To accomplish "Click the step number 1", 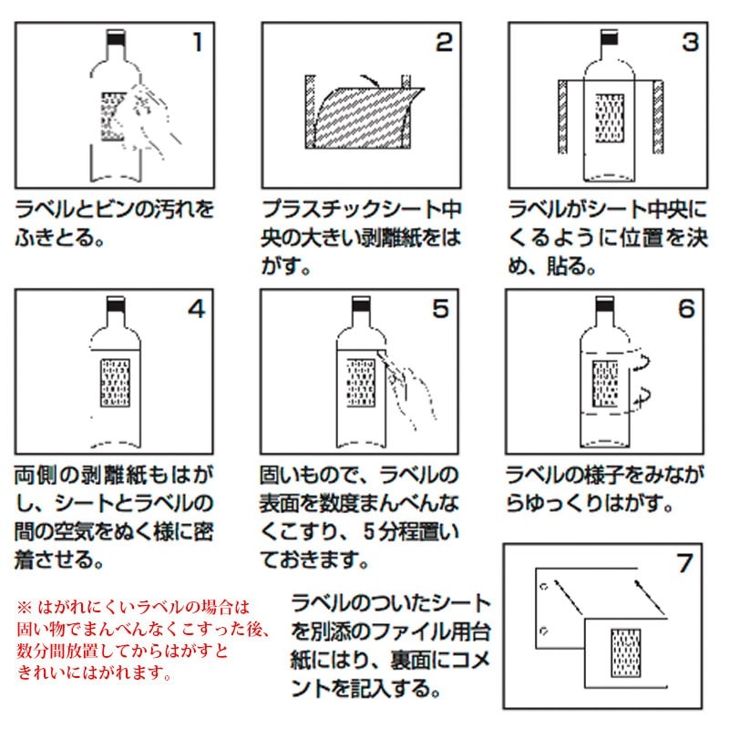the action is pos(198,42).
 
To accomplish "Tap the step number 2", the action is pos(444,42).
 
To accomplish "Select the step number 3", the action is pos(691,42).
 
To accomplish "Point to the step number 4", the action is pos(197,309).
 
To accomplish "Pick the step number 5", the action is pos(441,309).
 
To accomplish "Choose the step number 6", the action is pos(687,309).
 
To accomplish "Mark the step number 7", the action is pos(685,563).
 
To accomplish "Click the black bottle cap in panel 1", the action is pos(116,38).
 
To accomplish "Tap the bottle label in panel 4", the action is pos(116,382).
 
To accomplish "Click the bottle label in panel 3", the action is pos(610,118).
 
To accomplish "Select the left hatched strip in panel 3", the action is pos(562,117).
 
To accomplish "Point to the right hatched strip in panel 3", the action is pos(658,117).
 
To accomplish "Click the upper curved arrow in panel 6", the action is pos(643,362).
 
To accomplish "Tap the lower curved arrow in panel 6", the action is pos(643,396).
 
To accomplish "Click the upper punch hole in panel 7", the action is pos(544,586).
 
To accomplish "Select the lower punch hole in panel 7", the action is pos(543,631).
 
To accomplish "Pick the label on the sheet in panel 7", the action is pos(626,652).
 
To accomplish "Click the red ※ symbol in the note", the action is pos(25,607).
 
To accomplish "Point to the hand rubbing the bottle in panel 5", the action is pos(407,390).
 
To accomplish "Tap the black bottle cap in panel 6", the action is pos(604,305).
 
